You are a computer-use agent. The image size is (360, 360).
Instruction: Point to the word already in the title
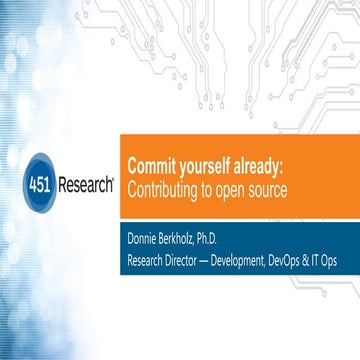261,165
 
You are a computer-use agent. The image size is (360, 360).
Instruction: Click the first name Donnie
145,238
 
